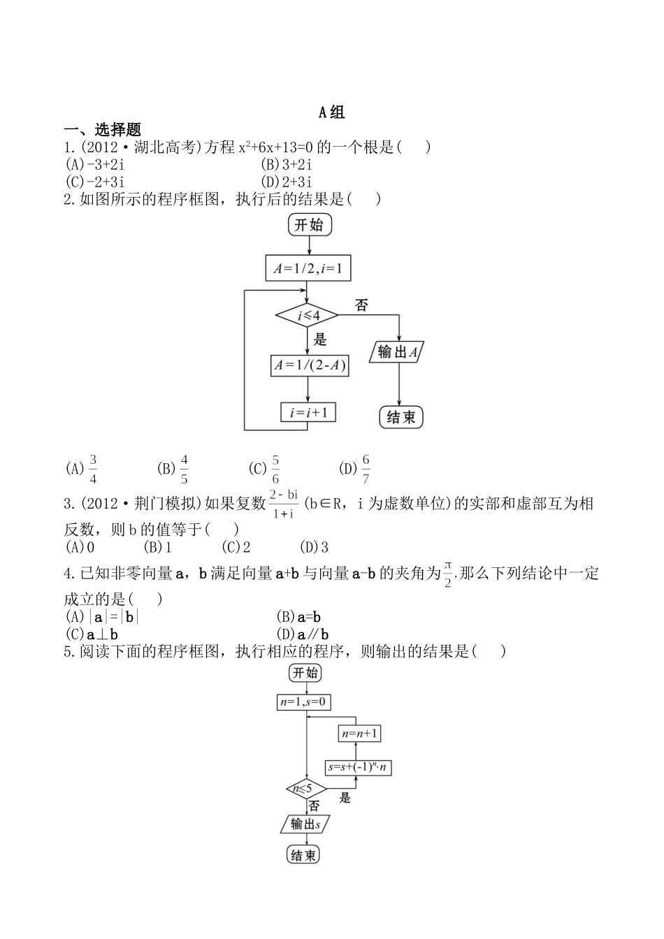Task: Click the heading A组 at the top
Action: [x=331, y=112]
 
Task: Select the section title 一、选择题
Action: [x=103, y=130]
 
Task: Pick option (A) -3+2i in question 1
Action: [x=94, y=165]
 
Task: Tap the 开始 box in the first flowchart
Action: [x=309, y=225]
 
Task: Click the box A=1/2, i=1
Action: [x=308, y=268]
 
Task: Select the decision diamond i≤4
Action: [x=308, y=316]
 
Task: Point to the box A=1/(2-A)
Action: [x=309, y=365]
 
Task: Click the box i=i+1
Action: [x=308, y=412]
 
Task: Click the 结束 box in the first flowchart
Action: [x=400, y=417]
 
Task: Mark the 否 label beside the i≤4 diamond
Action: [x=361, y=305]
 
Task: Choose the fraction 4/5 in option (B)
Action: [x=185, y=469]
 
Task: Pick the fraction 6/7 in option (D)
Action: [x=366, y=469]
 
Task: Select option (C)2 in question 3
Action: [x=236, y=547]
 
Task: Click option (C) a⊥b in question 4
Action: [x=92, y=634]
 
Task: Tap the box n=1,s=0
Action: [x=303, y=702]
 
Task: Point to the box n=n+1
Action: [x=360, y=734]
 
